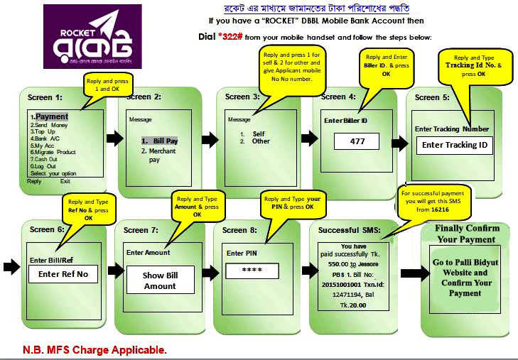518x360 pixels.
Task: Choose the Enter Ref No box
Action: coord(63,274)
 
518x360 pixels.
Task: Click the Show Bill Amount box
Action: coord(159,280)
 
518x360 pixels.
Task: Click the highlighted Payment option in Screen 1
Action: coord(52,116)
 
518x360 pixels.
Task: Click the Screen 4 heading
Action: coord(338,97)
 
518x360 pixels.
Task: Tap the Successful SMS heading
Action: coord(350,230)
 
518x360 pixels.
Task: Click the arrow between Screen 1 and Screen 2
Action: coord(114,138)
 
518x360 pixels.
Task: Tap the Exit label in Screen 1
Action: coord(65,181)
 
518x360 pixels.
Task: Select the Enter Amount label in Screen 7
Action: coord(148,252)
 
